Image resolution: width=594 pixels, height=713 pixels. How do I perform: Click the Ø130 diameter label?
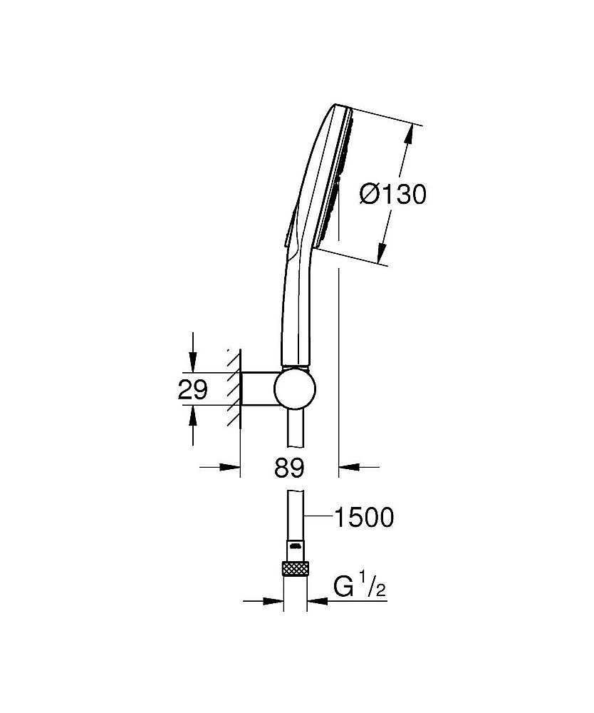click(393, 195)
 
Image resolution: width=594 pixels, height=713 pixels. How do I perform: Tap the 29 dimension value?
click(192, 389)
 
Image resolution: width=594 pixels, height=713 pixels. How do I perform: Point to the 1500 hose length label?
click(364, 517)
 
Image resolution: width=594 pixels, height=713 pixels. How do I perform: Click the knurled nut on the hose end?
click(295, 569)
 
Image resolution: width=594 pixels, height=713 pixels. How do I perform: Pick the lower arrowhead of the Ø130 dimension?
click(382, 253)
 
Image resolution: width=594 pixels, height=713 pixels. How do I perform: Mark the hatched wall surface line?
click(240, 388)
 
